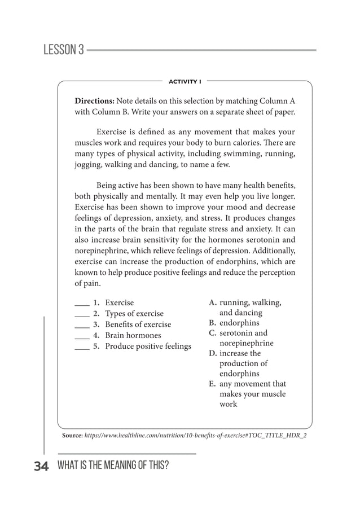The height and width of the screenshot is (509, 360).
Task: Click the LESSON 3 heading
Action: tap(63, 50)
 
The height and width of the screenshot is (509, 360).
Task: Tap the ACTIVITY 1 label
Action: tap(185, 81)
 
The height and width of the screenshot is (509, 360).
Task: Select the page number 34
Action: tap(41, 466)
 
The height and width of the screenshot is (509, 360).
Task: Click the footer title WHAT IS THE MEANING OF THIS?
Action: tap(113, 466)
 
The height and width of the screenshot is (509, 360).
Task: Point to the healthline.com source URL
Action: tap(195, 436)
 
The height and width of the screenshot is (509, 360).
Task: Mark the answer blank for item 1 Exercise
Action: tap(82, 303)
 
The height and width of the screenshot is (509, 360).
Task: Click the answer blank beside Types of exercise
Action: tap(82, 314)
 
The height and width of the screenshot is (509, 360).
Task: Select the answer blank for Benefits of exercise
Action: tap(82, 324)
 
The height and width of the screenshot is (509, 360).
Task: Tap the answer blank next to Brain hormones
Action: tap(82, 335)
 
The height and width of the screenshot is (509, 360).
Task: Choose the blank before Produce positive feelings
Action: tap(82, 346)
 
